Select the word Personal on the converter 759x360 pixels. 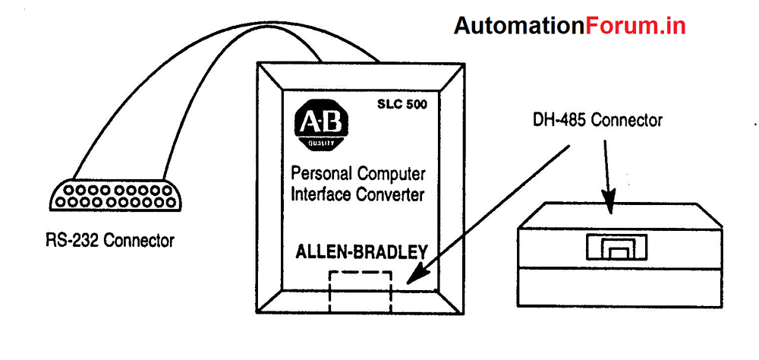pos(326,175)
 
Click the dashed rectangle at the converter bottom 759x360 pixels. pos(359,291)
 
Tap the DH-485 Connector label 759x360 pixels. pos(598,120)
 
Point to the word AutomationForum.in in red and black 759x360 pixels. pos(570,26)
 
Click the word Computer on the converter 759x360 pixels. pos(389,175)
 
